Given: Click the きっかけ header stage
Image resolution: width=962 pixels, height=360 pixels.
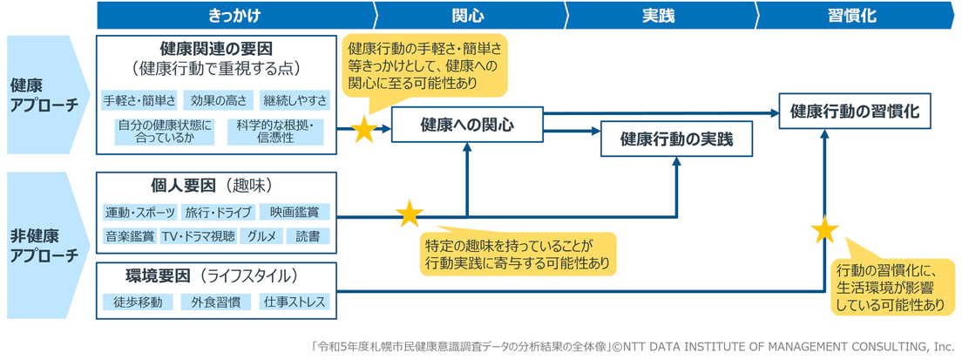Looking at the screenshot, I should [234, 16].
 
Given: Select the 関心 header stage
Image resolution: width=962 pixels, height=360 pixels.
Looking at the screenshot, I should [468, 16].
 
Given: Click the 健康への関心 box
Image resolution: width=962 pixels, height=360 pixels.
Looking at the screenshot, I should [467, 125].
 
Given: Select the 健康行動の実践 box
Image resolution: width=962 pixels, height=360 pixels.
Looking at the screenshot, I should [676, 139].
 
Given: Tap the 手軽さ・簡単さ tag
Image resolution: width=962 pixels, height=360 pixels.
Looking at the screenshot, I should [139, 99].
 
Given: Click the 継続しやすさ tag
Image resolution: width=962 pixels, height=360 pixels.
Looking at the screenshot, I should [295, 99].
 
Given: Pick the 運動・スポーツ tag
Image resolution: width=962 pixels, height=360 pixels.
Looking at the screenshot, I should [139, 212].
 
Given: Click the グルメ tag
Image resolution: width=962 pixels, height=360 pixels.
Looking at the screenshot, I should [261, 236].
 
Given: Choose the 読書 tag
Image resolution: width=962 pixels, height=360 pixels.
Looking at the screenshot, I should [308, 236].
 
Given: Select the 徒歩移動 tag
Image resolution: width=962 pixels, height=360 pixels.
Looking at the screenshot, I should [137, 302].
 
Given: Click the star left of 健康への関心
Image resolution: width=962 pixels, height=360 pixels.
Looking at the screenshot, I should [363, 132].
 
